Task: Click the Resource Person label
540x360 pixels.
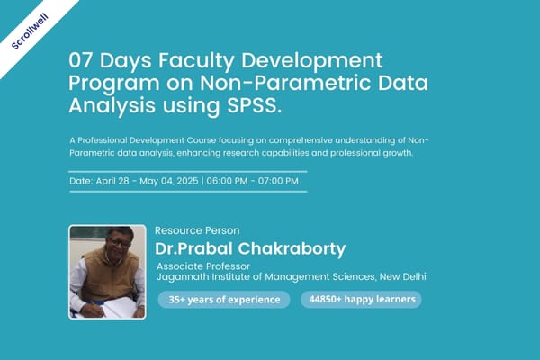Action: [197, 230]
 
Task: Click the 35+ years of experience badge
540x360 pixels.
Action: [224, 300]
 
